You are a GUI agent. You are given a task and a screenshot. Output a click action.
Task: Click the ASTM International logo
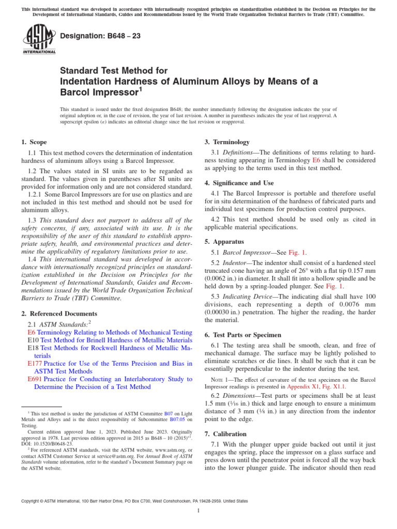coord(39,40)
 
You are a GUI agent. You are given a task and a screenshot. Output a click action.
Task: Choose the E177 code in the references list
coord(34,364)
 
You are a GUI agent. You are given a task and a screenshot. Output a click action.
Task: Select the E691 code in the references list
coord(34,379)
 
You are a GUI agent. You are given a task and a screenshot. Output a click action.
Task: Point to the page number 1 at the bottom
coord(198,510)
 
